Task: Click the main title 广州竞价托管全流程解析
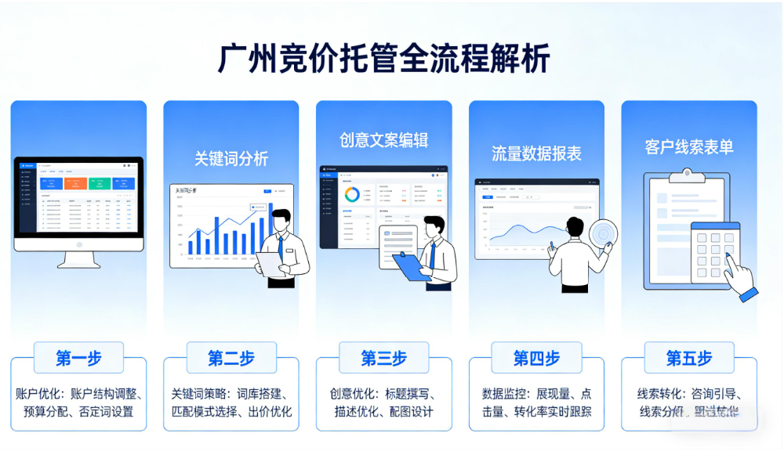[383, 60]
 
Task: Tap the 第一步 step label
[78, 358]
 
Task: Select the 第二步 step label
[231, 358]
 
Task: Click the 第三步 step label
[383, 358]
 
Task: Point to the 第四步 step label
[536, 358]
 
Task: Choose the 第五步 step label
[689, 358]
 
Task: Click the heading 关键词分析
[231, 159]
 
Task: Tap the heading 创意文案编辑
[383, 140]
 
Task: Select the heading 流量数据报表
[536, 153]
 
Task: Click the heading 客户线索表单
[689, 147]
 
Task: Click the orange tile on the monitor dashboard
[74, 183]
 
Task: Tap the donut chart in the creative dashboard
[352, 193]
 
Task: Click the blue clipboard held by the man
[411, 266]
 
